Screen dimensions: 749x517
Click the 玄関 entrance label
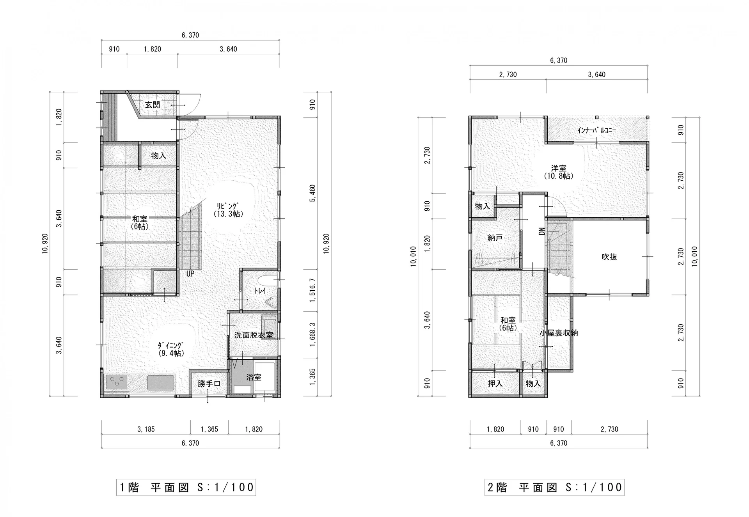[x=153, y=105]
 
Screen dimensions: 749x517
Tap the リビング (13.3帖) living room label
[x=228, y=210]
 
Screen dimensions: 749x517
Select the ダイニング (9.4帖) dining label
[x=171, y=349]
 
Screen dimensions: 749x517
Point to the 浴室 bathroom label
[x=254, y=377]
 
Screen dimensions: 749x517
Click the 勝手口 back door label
[x=209, y=384]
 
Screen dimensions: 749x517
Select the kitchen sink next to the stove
[x=161, y=382]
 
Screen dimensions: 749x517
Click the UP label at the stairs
[x=190, y=274]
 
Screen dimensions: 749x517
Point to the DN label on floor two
[x=541, y=231]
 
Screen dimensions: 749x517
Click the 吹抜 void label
[x=609, y=257]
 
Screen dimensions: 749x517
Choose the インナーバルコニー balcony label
[x=597, y=130]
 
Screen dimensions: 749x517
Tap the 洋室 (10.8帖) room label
[x=559, y=172]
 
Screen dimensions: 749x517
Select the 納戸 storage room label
[x=495, y=237]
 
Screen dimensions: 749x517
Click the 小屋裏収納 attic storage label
[x=559, y=333]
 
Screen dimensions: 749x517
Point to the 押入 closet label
[x=495, y=384]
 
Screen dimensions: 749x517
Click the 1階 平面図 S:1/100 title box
[x=186, y=487]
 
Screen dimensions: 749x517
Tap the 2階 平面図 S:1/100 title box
[x=554, y=487]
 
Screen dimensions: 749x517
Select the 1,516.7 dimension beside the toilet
[x=313, y=290]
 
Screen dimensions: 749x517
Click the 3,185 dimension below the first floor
[x=146, y=429]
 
